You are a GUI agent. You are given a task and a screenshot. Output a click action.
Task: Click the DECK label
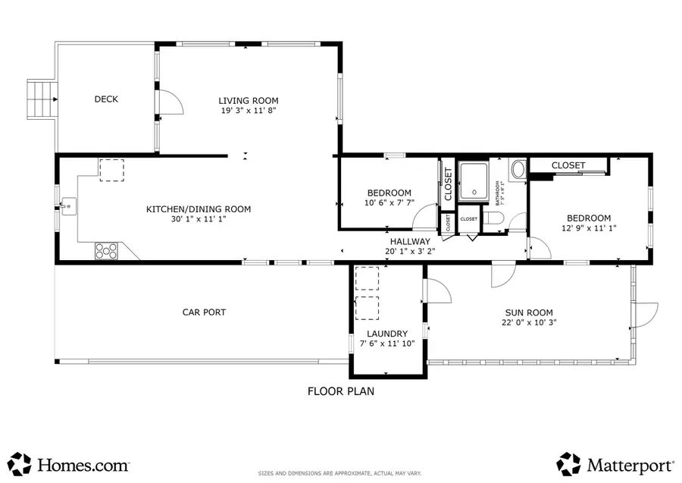(106, 99)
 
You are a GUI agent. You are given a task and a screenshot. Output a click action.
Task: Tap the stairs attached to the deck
(42, 99)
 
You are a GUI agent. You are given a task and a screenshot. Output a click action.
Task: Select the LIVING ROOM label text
(248, 101)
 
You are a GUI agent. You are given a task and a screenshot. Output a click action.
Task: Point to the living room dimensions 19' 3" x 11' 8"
(248, 111)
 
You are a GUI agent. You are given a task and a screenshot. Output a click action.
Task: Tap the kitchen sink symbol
(69, 205)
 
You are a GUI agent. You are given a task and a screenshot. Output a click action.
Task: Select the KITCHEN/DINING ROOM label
(198, 209)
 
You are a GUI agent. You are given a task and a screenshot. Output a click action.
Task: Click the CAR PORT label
(204, 312)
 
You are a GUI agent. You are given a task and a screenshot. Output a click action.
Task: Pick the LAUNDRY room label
(387, 334)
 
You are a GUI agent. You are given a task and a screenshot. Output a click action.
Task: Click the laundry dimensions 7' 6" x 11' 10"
(387, 343)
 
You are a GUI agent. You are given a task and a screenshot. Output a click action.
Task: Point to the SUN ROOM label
(529, 312)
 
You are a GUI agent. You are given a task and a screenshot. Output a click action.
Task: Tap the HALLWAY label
(410, 241)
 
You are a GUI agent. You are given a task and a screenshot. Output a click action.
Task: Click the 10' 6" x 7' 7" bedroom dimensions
(389, 202)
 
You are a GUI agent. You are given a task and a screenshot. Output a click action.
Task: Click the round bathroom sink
(518, 169)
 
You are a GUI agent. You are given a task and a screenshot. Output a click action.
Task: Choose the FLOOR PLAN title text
(340, 392)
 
